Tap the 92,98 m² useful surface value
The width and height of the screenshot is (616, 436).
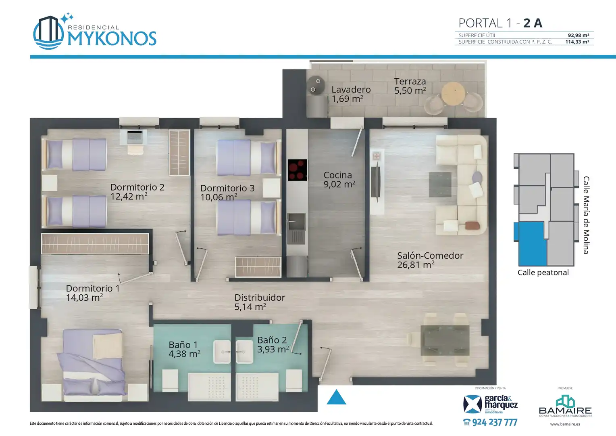point(579,35)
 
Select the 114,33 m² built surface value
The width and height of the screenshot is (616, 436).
point(577,42)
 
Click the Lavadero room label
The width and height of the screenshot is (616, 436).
point(351,90)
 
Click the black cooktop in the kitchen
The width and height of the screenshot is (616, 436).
point(297,170)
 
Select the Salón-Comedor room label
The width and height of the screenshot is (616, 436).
point(430,256)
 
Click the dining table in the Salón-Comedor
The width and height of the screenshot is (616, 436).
point(445,340)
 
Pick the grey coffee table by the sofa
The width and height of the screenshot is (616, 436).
point(440,184)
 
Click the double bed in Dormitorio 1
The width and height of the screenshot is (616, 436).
point(93,365)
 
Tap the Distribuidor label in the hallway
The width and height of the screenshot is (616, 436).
point(260,298)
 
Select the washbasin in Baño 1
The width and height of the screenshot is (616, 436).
point(222,352)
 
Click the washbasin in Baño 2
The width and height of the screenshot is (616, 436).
point(244,352)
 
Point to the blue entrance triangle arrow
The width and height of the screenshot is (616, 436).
point(336,397)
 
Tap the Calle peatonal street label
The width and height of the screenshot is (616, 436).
point(543,272)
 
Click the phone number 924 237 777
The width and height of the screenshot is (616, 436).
point(494,422)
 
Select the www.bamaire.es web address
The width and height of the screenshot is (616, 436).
point(565,424)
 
